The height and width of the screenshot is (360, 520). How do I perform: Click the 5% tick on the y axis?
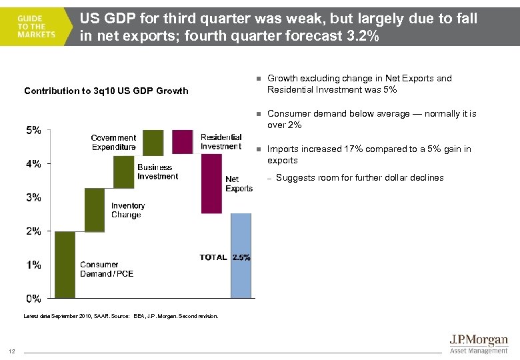pyautogui.click(x=33, y=131)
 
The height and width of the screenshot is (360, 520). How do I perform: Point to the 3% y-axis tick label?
pyautogui.click(x=33, y=197)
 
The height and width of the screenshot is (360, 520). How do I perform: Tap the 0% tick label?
pyautogui.click(x=33, y=298)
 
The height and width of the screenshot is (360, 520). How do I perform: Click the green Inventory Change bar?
pyautogui.click(x=95, y=209)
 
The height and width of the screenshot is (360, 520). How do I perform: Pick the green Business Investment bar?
pyautogui.click(x=124, y=172)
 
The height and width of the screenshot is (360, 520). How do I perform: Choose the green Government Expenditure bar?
pyautogui.click(x=153, y=142)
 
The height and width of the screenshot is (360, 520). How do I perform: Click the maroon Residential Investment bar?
pyautogui.click(x=182, y=142)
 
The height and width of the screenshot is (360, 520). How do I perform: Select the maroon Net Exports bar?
pyautogui.click(x=211, y=183)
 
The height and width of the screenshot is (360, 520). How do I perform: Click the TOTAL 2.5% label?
pyautogui.click(x=225, y=257)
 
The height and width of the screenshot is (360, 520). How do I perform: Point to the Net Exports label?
pyautogui.click(x=239, y=184)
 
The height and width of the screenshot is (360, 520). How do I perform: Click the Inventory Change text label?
pyautogui.click(x=126, y=211)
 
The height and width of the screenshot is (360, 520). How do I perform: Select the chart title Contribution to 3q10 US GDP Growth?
pyautogui.click(x=106, y=91)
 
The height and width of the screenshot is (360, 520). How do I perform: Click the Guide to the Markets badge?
pyautogui.click(x=37, y=26)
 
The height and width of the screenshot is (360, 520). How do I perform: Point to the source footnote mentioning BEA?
pyautogui.click(x=121, y=316)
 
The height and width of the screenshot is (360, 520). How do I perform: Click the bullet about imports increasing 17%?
pyautogui.click(x=369, y=155)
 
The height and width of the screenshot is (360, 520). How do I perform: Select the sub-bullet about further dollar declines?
pyautogui.click(x=359, y=177)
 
